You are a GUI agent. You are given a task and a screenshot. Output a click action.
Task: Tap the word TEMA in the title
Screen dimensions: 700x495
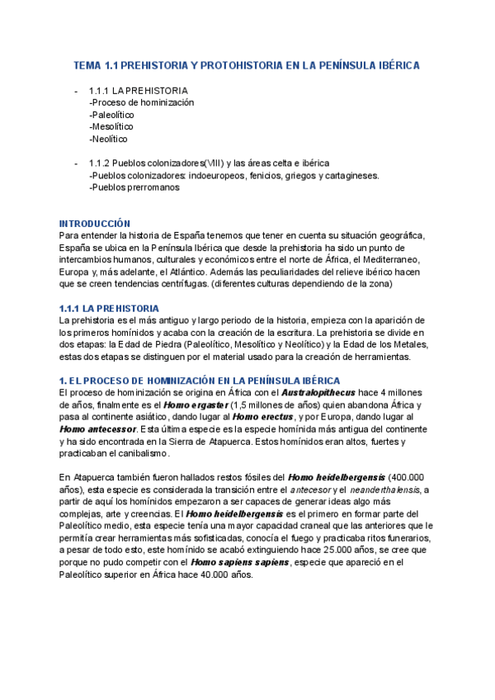pyautogui.click(x=87, y=64)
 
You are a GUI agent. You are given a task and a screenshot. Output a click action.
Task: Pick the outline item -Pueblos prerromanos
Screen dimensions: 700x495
pyautogui.click(x=134, y=187)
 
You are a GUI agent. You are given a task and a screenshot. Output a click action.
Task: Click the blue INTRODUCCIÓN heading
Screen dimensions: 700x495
pyautogui.click(x=95, y=224)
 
